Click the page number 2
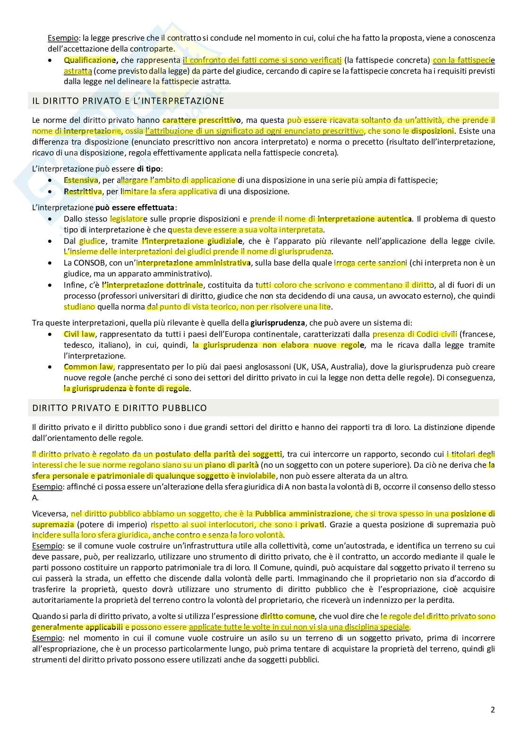point(493,710)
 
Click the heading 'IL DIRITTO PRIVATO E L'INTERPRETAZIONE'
point(128,101)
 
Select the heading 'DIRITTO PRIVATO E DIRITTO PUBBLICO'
point(119,408)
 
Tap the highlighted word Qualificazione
point(89,60)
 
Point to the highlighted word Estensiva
point(81,180)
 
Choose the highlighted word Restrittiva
point(83,191)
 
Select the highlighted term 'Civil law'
point(79,334)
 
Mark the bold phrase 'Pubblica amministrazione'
point(303,514)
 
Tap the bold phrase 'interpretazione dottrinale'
point(153,285)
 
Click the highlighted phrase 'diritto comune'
point(287,616)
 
